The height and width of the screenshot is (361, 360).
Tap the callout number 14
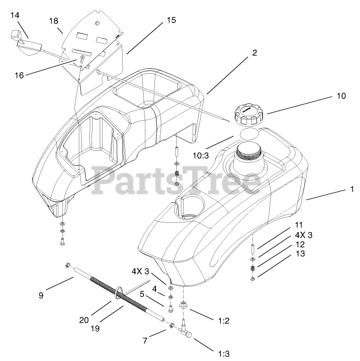pos(15,15)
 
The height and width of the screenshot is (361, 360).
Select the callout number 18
pos(54,21)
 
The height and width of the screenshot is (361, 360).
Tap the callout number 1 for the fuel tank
pos(351,189)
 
